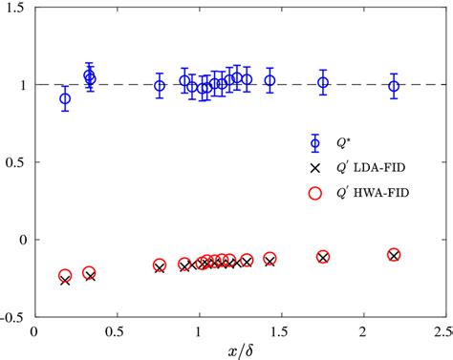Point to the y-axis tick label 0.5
click(x=16, y=162)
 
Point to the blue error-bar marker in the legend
click(x=316, y=143)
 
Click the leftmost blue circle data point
click(x=65, y=98)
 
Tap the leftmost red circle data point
click(x=65, y=275)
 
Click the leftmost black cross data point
click(x=65, y=281)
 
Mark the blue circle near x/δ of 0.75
click(x=160, y=85)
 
